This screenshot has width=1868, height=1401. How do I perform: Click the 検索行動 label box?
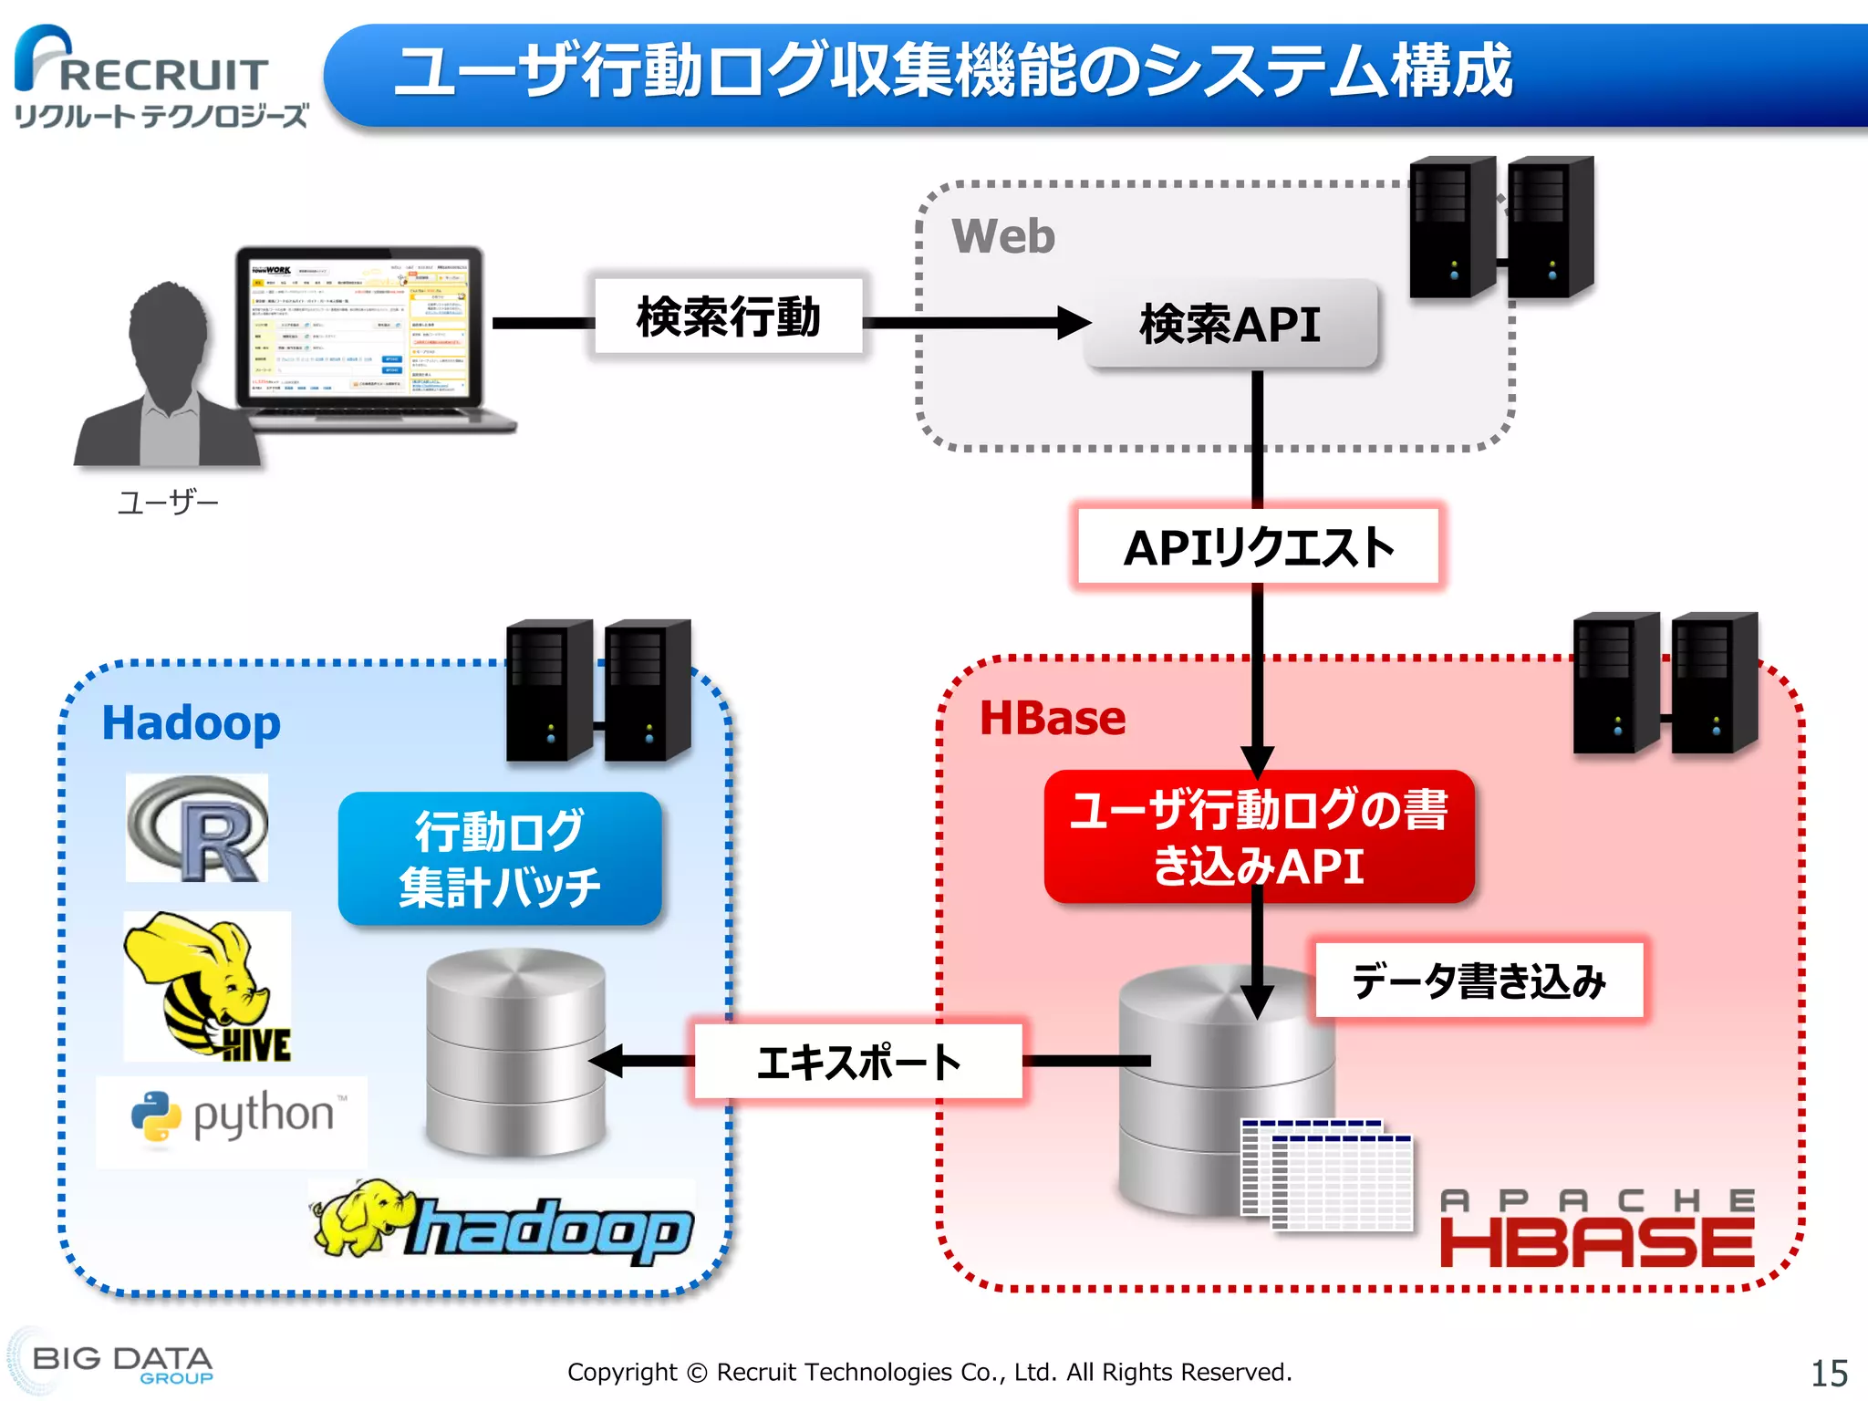[728, 317]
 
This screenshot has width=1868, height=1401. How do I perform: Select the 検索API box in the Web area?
[1230, 324]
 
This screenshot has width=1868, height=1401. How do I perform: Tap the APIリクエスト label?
[1258, 547]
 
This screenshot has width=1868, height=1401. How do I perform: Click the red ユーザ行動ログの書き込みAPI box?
[1258, 836]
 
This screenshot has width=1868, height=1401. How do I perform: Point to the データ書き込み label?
[1478, 981]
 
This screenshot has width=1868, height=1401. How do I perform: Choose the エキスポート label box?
[857, 1062]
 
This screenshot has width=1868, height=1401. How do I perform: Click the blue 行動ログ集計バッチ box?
[500, 858]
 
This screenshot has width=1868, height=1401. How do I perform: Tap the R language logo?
[198, 828]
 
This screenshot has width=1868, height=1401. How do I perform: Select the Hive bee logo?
[208, 986]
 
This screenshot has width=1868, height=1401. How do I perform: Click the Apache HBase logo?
[1596, 1229]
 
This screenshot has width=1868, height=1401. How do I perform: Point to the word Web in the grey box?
[1002, 236]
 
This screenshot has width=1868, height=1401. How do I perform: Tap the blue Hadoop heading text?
[191, 723]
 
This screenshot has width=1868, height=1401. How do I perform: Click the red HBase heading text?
[1052, 718]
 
